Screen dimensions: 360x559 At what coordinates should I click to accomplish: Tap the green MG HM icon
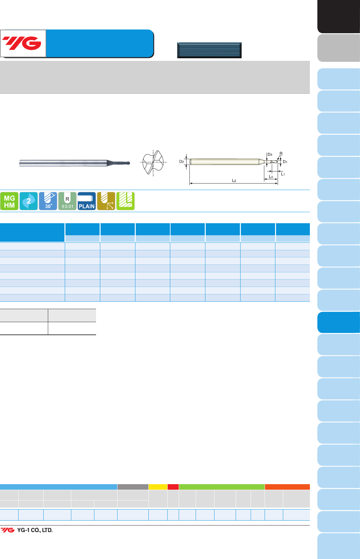(x=9, y=201)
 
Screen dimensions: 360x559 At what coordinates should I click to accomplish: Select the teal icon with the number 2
(x=29, y=201)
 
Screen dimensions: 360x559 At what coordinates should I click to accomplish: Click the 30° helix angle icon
(x=48, y=201)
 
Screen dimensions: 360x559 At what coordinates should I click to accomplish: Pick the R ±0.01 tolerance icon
(x=67, y=201)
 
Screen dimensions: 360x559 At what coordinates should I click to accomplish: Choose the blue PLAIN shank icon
(x=87, y=201)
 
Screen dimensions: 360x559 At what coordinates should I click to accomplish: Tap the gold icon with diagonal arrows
(x=106, y=201)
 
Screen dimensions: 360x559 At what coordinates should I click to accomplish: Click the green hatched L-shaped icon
(x=125, y=201)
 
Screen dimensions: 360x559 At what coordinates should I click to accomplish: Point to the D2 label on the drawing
(x=182, y=162)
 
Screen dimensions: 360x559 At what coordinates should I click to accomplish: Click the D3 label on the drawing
(x=270, y=155)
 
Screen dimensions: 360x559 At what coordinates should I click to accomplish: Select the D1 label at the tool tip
(x=285, y=162)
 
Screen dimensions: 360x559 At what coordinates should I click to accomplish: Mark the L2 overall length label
(x=234, y=180)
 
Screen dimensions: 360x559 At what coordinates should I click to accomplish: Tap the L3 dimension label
(x=271, y=177)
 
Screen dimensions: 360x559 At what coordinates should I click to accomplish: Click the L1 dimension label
(x=283, y=174)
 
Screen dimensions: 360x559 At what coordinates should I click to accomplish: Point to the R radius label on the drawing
(x=281, y=154)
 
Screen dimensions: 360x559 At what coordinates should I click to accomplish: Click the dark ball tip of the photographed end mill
(x=129, y=163)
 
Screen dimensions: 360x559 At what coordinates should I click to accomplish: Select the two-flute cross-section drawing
(x=153, y=162)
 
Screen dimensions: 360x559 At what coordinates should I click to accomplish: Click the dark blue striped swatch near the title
(x=209, y=50)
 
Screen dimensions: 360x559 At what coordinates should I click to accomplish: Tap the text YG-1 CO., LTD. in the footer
(x=35, y=530)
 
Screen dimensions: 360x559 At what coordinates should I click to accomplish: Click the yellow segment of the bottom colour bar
(x=158, y=487)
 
